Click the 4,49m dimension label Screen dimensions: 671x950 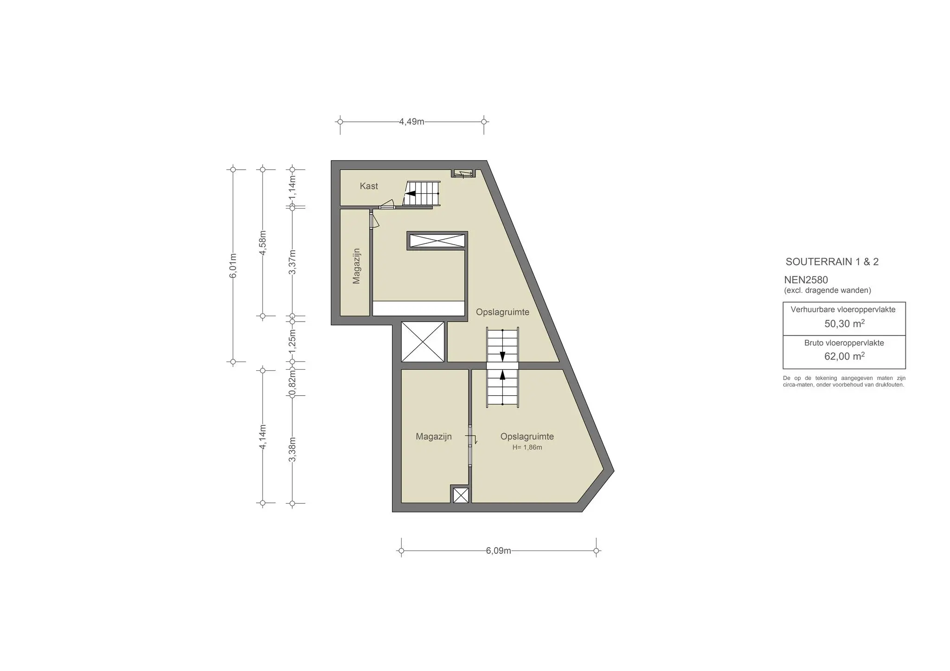tap(411, 122)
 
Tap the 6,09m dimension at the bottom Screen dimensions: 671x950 tap(498, 551)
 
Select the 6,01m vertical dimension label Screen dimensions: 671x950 tap(233, 266)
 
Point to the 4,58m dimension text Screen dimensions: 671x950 tap(263, 242)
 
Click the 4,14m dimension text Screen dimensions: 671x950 tap(263, 437)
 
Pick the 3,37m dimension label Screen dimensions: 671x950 tap(292, 262)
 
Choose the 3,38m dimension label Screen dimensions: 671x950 tap(292, 449)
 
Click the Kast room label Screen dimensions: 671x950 tap(369, 186)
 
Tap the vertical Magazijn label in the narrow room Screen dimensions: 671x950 tap(356, 266)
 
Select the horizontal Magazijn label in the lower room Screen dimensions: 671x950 tap(433, 437)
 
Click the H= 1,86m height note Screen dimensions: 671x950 tap(527, 448)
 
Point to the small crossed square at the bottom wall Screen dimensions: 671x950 tap(461, 495)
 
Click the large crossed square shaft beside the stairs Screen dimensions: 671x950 tap(422, 342)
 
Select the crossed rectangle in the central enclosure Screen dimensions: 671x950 tap(437, 241)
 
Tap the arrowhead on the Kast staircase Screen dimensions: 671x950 tap(410, 194)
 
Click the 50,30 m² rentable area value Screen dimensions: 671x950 tap(844, 323)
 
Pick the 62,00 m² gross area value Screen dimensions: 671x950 tap(844, 356)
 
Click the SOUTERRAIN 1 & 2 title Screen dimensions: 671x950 tap(832, 262)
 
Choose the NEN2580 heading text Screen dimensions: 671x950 tap(806, 280)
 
